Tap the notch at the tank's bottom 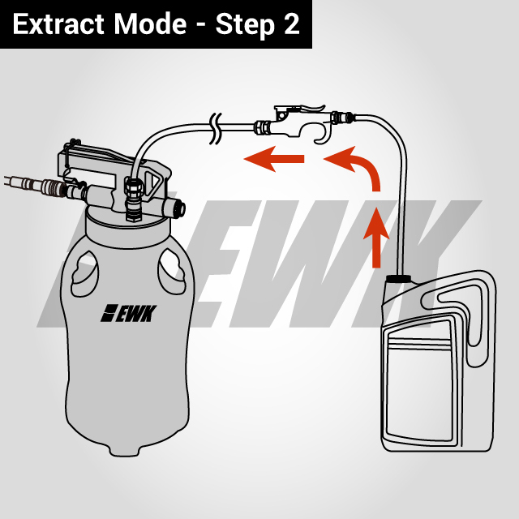coord(123,445)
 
